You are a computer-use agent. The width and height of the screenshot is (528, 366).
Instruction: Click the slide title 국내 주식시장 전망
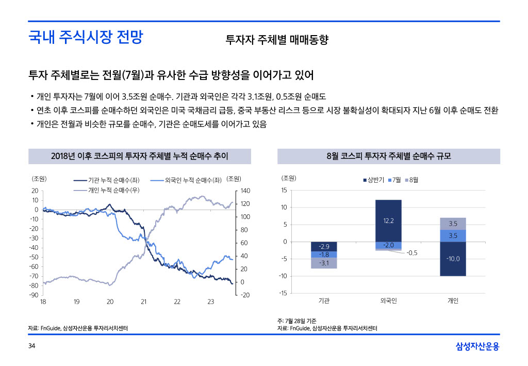coord(86,38)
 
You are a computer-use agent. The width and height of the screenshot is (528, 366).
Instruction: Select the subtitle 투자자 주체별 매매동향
coord(277,40)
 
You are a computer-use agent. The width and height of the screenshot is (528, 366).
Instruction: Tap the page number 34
coord(31,345)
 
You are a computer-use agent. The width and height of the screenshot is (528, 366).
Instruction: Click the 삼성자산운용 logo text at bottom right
coord(477,346)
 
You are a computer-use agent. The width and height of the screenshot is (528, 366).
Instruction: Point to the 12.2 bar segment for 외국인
coord(388,220)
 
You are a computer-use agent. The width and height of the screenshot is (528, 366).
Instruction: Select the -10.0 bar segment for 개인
coord(453,259)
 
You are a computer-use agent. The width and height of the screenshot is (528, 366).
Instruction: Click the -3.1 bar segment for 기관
coord(324,263)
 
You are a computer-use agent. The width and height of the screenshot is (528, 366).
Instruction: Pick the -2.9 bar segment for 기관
coord(324,247)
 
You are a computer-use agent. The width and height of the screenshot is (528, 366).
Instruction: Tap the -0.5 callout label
coord(411,253)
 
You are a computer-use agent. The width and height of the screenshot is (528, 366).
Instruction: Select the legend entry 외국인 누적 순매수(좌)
coord(192,180)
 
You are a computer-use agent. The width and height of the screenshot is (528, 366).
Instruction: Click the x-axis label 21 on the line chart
coord(144,301)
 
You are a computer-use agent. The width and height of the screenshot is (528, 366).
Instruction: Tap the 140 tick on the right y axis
coord(245,191)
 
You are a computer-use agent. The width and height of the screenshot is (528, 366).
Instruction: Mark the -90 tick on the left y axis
coord(35,295)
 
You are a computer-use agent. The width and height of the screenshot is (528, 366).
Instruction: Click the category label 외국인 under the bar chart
coord(388,301)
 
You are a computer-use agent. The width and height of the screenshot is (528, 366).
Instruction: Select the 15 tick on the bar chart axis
coord(284,191)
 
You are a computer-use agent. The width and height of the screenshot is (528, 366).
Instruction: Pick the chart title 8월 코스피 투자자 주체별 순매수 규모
coord(389,156)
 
